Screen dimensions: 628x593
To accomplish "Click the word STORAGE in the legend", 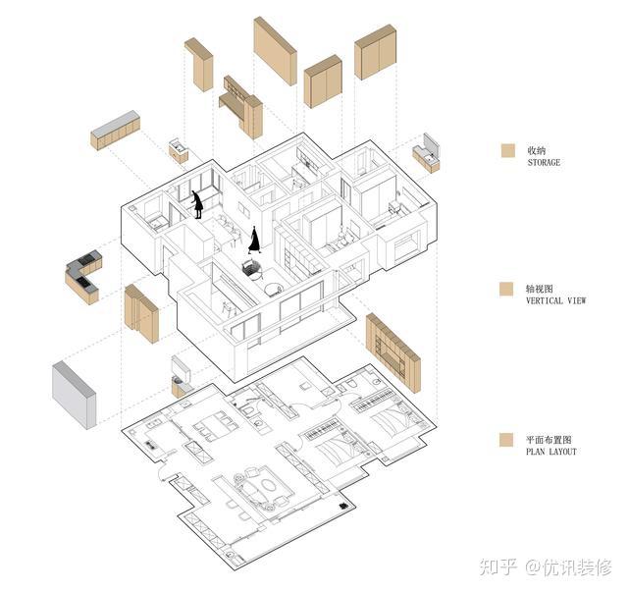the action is tap(544, 163).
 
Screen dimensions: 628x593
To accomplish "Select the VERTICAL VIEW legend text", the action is tap(555, 301).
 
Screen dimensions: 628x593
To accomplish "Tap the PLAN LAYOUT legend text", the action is tap(551, 453).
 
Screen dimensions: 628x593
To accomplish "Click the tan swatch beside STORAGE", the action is tap(507, 151).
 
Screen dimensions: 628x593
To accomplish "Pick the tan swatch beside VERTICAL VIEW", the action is tap(507, 290).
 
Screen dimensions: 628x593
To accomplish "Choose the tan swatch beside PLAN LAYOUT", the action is tap(507, 441).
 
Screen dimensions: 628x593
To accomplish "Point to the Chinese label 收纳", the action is tap(537, 150).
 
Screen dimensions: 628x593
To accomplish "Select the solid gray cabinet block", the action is tap(74, 394).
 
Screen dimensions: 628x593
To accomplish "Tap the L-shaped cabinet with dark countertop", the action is tap(82, 276).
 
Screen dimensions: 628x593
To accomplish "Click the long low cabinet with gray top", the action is tap(116, 131).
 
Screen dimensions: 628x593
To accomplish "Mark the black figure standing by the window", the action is tap(197, 204).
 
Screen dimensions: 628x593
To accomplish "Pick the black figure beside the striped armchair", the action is tap(255, 240).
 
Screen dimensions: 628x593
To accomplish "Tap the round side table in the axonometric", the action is tap(274, 289).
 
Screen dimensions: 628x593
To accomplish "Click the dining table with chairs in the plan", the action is tap(212, 426).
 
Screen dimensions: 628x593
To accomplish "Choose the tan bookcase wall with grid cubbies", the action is tap(392, 347).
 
